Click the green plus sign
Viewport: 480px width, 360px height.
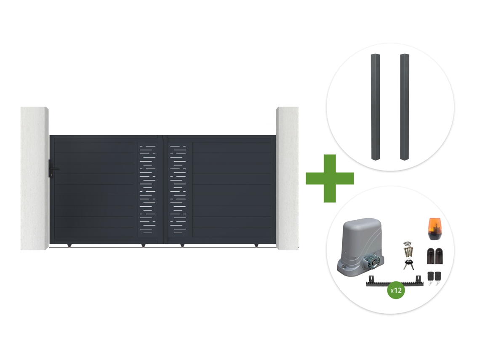tap(330, 178)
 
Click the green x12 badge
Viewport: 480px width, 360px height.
tap(396, 290)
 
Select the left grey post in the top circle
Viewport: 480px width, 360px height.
tap(376, 107)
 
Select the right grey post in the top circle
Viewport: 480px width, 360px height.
tap(404, 107)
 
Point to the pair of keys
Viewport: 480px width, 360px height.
tap(409, 264)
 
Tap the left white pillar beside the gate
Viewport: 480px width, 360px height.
tap(34, 178)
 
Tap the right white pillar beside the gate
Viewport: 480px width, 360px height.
tap(287, 178)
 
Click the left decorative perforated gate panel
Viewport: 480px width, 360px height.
tap(147, 190)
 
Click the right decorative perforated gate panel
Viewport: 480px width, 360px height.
tap(178, 190)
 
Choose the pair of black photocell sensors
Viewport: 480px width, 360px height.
tap(435, 256)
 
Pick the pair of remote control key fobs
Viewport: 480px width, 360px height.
tap(435, 277)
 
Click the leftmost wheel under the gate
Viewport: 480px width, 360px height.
tap(69, 245)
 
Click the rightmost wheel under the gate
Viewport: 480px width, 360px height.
tap(256, 245)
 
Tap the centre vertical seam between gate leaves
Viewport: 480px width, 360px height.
tap(163, 190)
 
